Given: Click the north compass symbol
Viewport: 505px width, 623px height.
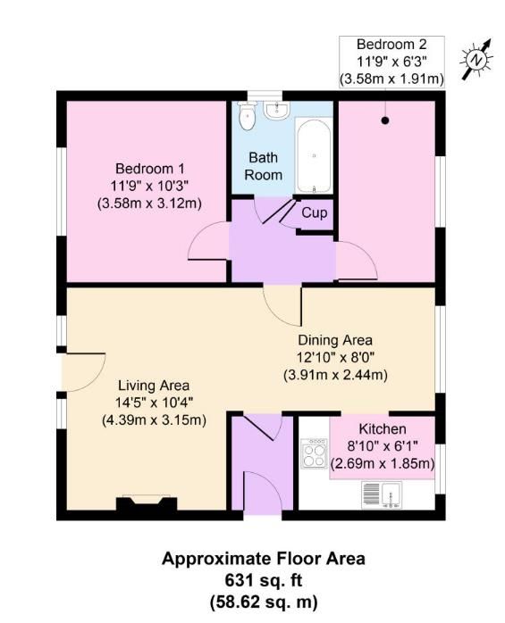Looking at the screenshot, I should (x=476, y=58).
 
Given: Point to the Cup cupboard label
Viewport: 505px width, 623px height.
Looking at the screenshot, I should (x=314, y=213).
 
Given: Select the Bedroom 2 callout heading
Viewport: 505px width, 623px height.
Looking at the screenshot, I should (x=391, y=44).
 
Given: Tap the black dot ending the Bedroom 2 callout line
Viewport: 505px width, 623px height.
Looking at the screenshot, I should (x=385, y=120).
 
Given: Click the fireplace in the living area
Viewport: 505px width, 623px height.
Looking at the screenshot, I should (x=143, y=505).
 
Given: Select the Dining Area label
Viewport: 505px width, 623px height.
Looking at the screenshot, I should (x=335, y=340).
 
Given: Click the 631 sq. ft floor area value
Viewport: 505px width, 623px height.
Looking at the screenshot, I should (x=263, y=580).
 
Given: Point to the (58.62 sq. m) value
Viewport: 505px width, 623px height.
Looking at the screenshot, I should (x=263, y=601).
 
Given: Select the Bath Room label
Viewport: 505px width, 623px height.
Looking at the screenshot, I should (x=264, y=166).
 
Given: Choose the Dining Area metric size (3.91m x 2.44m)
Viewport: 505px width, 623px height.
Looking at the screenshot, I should (x=335, y=375).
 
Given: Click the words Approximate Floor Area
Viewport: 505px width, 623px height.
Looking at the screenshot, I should (x=263, y=560).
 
